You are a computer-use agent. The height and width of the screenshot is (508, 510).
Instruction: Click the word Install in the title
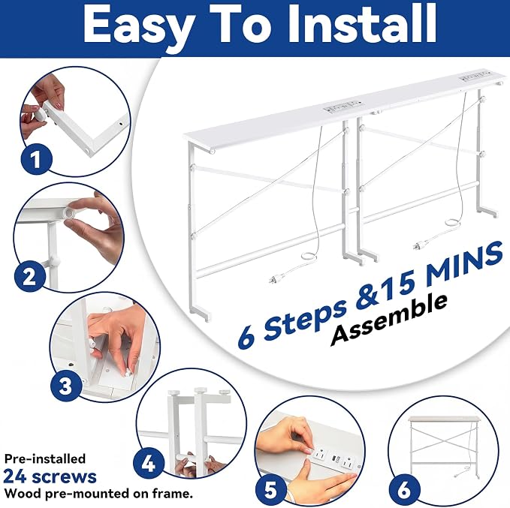[x=363, y=23]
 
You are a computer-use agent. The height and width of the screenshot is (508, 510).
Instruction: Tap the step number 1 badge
[x=36, y=159]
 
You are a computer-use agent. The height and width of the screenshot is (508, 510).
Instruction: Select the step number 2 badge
[x=29, y=276]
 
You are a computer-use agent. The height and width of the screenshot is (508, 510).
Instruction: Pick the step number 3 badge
[x=66, y=386]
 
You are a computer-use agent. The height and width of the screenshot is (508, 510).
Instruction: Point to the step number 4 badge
[x=149, y=464]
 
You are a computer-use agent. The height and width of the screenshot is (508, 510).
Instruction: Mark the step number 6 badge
[x=404, y=490]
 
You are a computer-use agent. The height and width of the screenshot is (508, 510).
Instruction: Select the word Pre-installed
[x=45, y=458]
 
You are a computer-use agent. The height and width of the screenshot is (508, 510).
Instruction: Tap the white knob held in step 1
[x=41, y=115]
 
